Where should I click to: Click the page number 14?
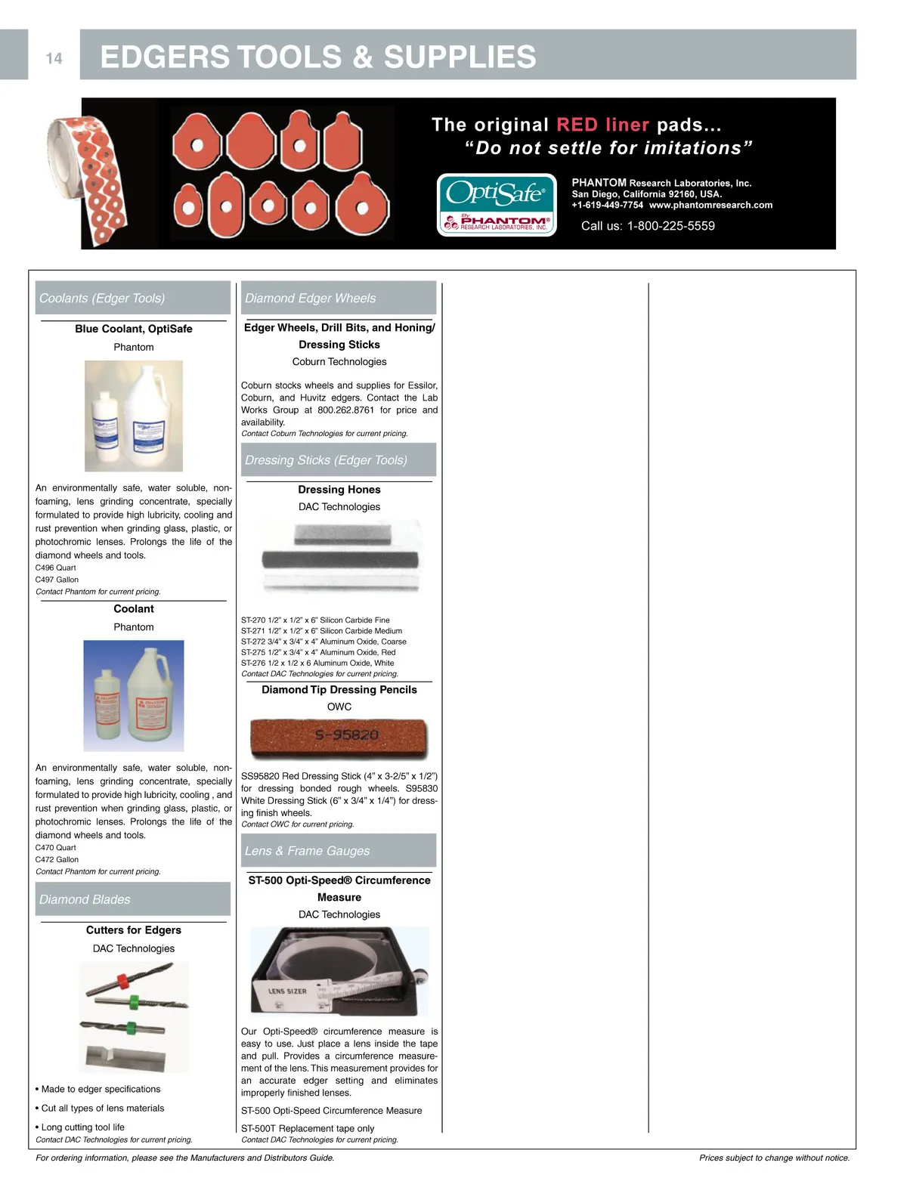(54, 58)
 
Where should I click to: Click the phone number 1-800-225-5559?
(670, 226)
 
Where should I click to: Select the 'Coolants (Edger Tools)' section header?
(132, 298)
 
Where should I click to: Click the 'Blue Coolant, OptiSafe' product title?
(134, 329)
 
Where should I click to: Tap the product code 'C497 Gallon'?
(57, 580)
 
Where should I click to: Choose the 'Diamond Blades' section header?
(132, 899)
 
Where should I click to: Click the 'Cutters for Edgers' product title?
(134, 930)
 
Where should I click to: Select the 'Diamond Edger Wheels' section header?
(339, 298)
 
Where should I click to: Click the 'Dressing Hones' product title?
(339, 490)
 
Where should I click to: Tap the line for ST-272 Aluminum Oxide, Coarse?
(323, 642)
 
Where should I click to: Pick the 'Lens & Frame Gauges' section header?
(339, 851)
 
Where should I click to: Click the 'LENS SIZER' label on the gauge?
(288, 991)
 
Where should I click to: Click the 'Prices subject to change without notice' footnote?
(774, 1158)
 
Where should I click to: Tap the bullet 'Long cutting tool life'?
(82, 1127)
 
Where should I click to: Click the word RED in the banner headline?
(577, 125)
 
